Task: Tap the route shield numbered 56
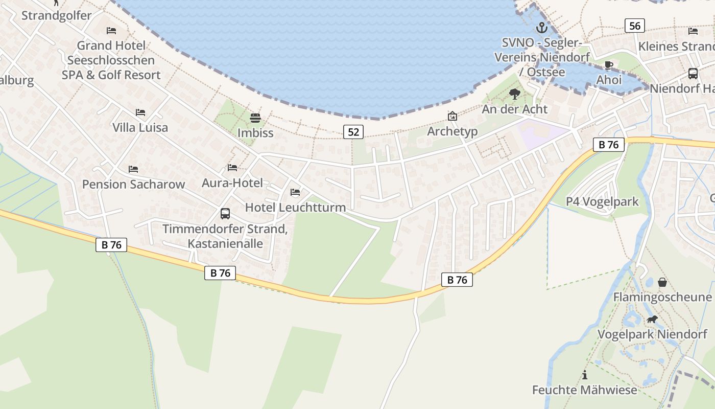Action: click(x=634, y=26)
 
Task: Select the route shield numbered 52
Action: click(x=353, y=132)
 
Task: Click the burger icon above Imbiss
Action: click(x=255, y=119)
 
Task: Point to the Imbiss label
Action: click(x=255, y=133)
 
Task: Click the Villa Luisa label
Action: click(x=140, y=127)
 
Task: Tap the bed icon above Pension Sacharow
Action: click(x=133, y=169)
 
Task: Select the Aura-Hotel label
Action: click(x=232, y=183)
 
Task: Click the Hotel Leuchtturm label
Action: click(x=295, y=207)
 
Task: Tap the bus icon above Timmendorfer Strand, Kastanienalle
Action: click(x=225, y=214)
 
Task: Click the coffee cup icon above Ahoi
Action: click(x=608, y=65)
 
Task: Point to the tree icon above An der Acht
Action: click(x=515, y=94)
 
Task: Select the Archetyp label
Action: click(x=452, y=131)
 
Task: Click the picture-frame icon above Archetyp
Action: click(x=452, y=116)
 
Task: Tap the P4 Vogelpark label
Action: click(x=602, y=201)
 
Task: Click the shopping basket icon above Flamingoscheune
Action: click(x=662, y=282)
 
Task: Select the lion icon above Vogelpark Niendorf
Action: click(x=652, y=320)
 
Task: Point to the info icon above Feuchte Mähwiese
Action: click(x=585, y=375)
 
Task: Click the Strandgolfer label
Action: click(x=56, y=15)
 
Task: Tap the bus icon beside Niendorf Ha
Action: click(x=693, y=74)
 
